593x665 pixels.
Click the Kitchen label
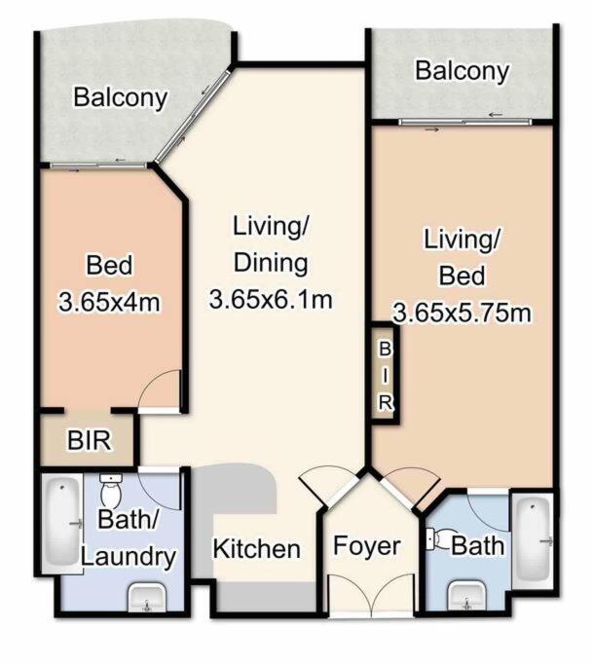pyautogui.click(x=257, y=549)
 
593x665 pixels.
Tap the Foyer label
pyautogui.click(x=367, y=546)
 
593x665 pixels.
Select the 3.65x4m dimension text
pyautogui.click(x=110, y=303)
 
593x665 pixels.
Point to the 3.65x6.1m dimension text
pyautogui.click(x=271, y=300)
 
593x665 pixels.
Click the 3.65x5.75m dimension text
pyautogui.click(x=462, y=314)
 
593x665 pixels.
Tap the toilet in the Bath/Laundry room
pyautogui.click(x=111, y=490)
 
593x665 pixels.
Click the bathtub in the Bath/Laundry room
pyautogui.click(x=62, y=524)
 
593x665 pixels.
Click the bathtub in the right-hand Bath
pyautogui.click(x=533, y=540)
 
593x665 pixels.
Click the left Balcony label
pyautogui.click(x=121, y=98)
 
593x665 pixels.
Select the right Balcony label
pyautogui.click(x=462, y=71)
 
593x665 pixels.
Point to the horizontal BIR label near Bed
pyautogui.click(x=90, y=440)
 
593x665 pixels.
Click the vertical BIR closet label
pyautogui.click(x=386, y=376)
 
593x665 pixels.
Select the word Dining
pyautogui.click(x=271, y=263)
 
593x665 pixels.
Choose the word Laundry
pyautogui.click(x=129, y=557)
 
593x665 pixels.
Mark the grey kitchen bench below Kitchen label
pyautogui.click(x=266, y=597)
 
